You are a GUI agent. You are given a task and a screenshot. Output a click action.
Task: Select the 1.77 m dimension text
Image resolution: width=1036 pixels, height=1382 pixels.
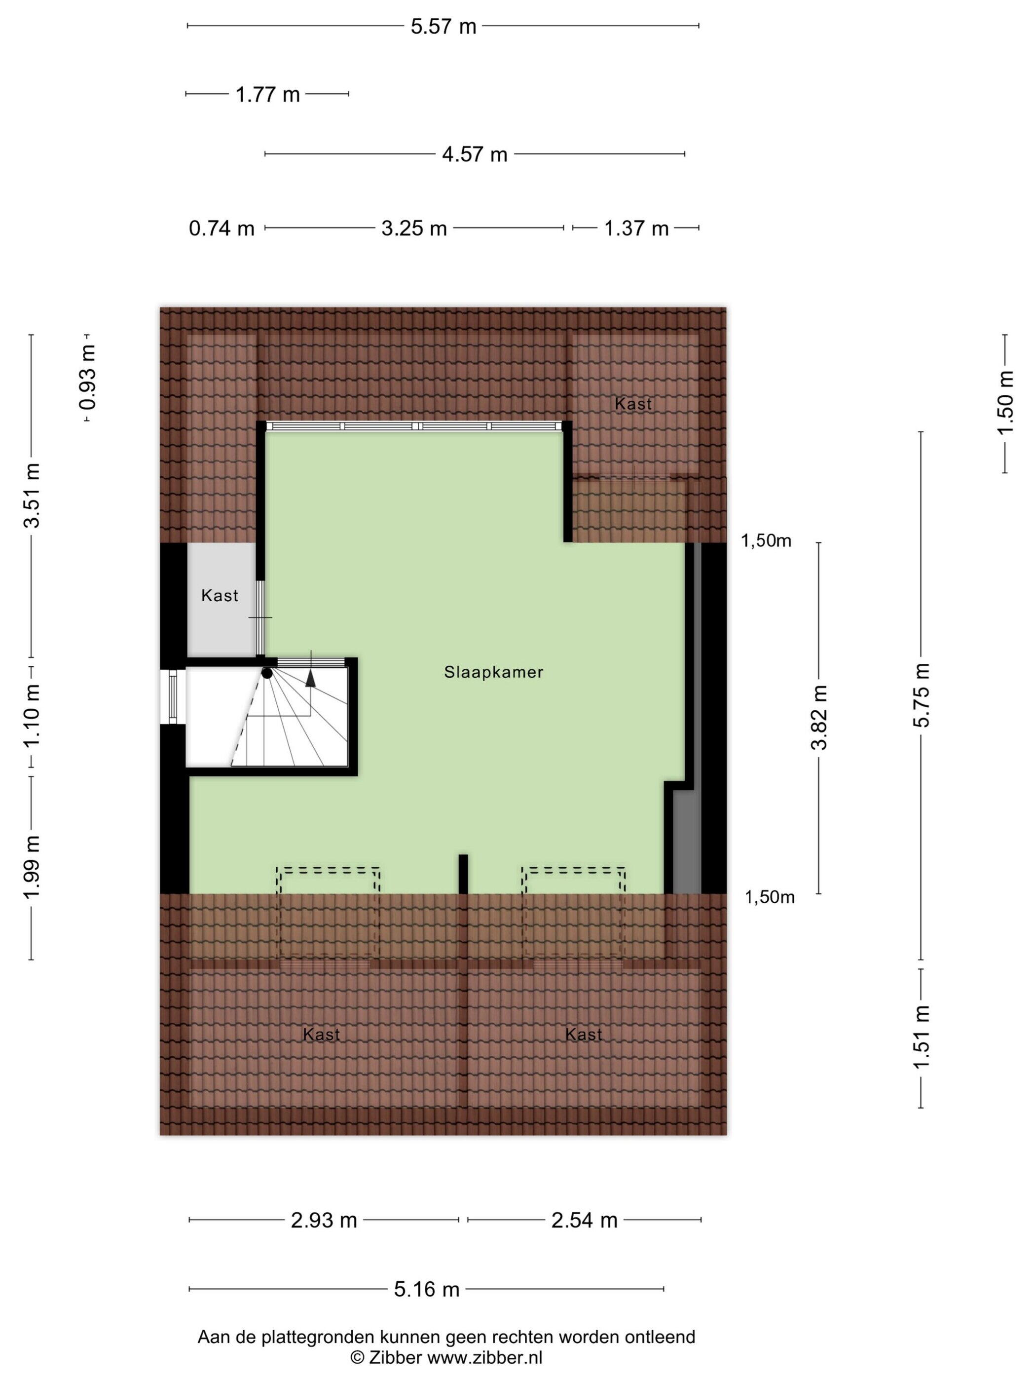pyautogui.click(x=267, y=95)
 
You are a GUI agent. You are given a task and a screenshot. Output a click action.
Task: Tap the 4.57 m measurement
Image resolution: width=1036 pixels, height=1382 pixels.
pyautogui.click(x=475, y=154)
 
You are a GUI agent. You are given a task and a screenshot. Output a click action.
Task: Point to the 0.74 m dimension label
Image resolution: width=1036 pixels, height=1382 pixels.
pyautogui.click(x=222, y=229)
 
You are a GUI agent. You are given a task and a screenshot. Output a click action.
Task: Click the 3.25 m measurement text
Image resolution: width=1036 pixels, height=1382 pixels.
pyautogui.click(x=414, y=229)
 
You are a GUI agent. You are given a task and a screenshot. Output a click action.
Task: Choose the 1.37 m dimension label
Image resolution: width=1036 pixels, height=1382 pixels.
pyautogui.click(x=636, y=229)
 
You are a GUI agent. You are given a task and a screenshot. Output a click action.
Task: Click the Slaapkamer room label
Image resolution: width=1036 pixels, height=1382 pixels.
pyautogui.click(x=493, y=672)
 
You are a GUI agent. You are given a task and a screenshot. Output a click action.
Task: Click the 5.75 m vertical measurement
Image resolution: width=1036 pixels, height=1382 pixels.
pyautogui.click(x=921, y=695)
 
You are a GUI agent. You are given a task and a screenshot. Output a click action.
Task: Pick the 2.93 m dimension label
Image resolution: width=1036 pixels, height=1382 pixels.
pyautogui.click(x=324, y=1220)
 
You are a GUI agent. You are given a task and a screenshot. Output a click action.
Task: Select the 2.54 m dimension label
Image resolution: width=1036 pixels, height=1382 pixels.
pyautogui.click(x=584, y=1220)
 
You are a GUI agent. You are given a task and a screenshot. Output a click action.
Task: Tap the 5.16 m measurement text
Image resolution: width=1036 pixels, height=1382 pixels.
pyautogui.click(x=427, y=1289)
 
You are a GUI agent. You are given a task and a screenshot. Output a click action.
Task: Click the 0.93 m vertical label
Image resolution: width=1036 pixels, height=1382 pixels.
pyautogui.click(x=87, y=378)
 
